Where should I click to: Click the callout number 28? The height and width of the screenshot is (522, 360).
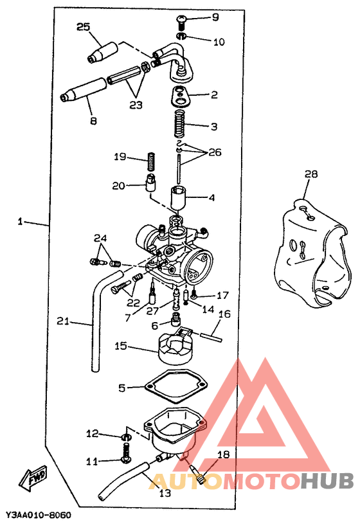click(311, 174)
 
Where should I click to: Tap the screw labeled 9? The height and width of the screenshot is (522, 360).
click(181, 22)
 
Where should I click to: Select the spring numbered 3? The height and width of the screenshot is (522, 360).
click(180, 123)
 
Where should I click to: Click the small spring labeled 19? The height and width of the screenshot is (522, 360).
click(152, 161)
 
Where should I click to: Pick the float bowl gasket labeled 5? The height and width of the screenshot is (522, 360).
click(176, 386)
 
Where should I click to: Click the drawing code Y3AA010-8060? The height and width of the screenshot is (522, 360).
click(39, 515)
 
